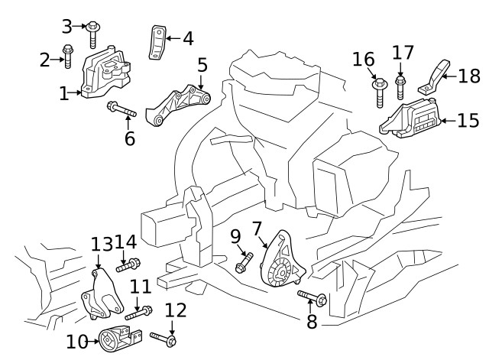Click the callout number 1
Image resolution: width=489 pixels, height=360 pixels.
tap(64, 93)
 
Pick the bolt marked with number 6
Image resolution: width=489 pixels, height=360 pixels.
tap(123, 110)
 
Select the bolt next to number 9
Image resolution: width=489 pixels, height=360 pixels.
tap(244, 262)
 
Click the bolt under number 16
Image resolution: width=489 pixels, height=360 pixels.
tap(377, 92)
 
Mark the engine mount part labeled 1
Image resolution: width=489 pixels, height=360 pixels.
tap(105, 73)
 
